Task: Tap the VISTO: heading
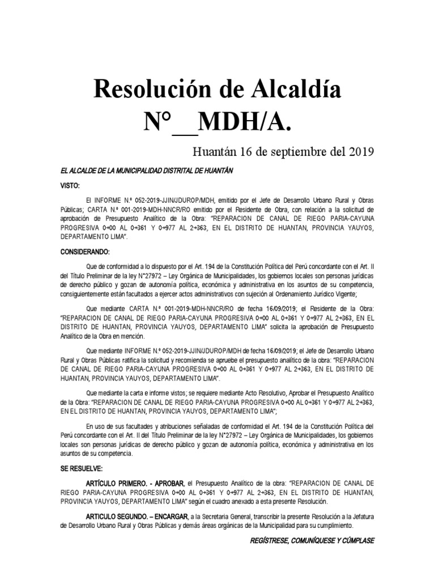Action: (71, 186)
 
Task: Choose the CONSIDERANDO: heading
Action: (85, 251)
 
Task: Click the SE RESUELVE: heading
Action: (82, 470)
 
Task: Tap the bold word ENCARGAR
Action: (173, 518)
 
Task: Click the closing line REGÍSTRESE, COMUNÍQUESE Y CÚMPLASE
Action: (312, 541)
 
